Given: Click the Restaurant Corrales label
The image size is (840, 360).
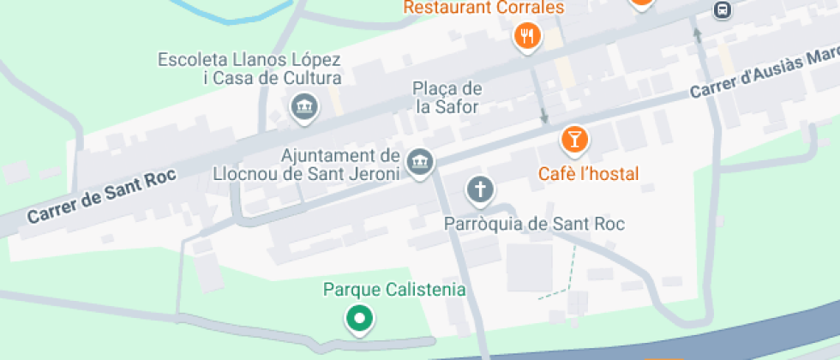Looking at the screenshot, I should (483, 8).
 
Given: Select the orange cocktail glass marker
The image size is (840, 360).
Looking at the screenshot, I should (574, 139).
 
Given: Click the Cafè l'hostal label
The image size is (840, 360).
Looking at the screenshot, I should (588, 174).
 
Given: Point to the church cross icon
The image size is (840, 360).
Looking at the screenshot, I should (480, 189).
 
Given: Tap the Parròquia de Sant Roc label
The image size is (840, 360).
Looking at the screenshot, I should (535, 225).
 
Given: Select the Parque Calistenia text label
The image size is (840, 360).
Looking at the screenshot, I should (394, 290).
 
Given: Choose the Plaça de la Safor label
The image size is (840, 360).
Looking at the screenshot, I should (447, 98).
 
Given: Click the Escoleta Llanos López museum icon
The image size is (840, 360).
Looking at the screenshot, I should (303, 107).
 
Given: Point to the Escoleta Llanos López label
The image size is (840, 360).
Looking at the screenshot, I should (249, 69).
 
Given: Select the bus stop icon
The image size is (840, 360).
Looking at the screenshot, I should (722, 9).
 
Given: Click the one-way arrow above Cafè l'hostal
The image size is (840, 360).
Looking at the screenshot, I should (543, 116).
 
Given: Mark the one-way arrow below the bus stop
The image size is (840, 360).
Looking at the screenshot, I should (697, 35).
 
